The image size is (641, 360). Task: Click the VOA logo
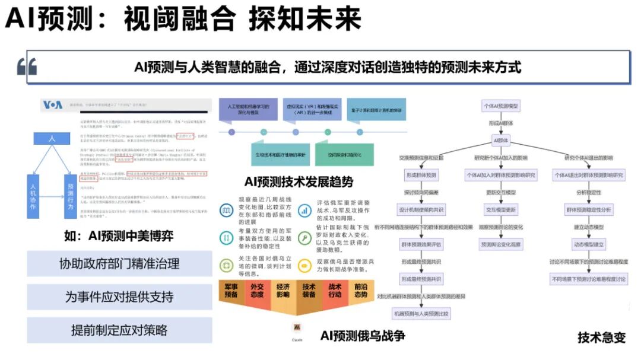[52, 105]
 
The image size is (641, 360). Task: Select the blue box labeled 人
[52, 138]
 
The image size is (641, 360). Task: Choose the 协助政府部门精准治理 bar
[119, 263]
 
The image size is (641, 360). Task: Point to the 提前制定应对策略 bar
[119, 330]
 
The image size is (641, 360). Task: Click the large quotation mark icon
[27, 67]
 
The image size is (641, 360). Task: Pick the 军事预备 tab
[231, 291]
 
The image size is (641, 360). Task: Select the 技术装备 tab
[309, 291]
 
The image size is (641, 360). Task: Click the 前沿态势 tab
[361, 291]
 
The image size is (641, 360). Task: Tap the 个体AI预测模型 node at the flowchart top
[501, 106]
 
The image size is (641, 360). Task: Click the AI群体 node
[501, 141]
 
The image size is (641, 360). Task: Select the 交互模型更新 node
[501, 210]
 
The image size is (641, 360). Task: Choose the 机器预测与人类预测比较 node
[421, 313]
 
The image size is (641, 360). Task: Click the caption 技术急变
[602, 337]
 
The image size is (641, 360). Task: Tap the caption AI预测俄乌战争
[363, 336]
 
